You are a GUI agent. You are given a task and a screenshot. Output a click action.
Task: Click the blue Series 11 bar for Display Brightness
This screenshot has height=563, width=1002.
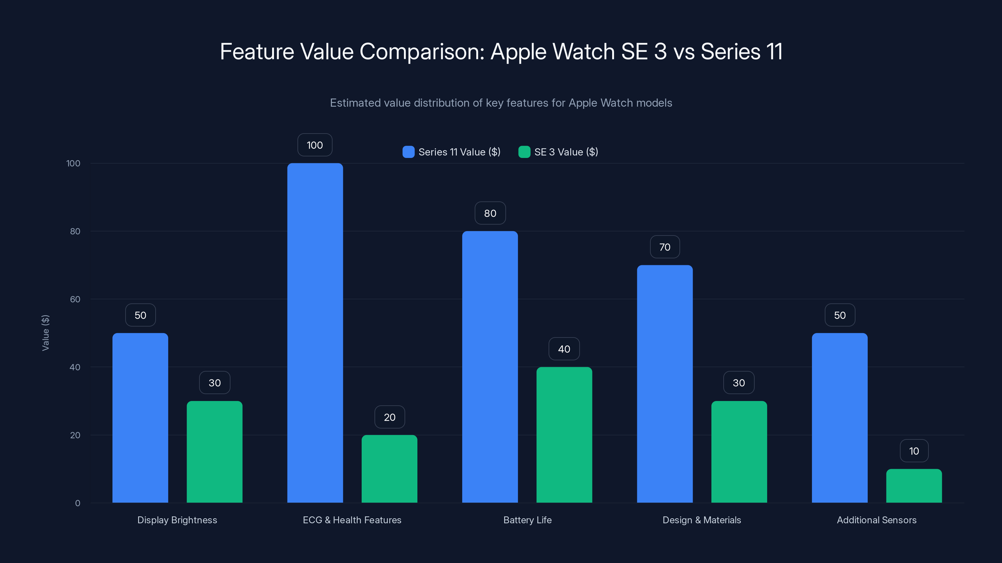click(x=140, y=418)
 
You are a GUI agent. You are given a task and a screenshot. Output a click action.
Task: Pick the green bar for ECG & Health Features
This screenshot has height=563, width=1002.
click(x=389, y=469)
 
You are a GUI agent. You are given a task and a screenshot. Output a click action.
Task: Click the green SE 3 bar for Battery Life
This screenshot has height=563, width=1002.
click(x=564, y=434)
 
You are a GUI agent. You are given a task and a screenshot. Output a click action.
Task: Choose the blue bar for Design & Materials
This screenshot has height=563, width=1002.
click(x=665, y=383)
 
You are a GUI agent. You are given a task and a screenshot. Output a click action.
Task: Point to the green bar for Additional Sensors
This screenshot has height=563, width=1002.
click(x=914, y=486)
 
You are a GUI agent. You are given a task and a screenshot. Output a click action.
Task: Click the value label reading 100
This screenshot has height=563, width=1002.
click(x=315, y=145)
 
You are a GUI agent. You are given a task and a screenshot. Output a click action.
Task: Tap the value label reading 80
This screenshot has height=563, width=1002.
click(x=490, y=213)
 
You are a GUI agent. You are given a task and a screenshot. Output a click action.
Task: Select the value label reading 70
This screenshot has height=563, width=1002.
click(x=665, y=247)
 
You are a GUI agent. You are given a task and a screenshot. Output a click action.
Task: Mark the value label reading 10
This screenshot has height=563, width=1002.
click(x=914, y=451)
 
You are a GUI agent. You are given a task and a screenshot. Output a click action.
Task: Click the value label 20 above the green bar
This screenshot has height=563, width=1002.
click(x=389, y=417)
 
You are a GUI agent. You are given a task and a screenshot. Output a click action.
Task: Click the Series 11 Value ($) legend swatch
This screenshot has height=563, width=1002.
click(x=408, y=152)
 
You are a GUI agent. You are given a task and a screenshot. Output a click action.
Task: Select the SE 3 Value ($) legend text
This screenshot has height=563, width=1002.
click(x=566, y=152)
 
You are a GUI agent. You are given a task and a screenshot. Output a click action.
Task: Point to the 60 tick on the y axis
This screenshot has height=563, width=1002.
click(x=75, y=299)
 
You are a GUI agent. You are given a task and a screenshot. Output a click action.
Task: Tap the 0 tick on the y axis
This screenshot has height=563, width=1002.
click(x=77, y=503)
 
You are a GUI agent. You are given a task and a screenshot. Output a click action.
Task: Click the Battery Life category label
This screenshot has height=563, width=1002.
click(x=527, y=520)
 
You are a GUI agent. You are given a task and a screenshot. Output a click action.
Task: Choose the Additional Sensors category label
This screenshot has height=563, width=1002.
click(x=876, y=520)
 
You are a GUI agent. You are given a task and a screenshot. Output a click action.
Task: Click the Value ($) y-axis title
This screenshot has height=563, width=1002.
click(x=45, y=332)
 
